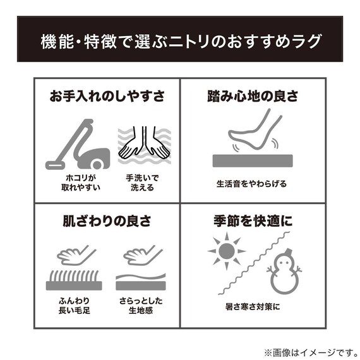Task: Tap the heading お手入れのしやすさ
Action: tap(107, 97)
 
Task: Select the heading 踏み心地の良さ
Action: tap(253, 97)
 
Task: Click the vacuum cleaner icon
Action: tap(77, 144)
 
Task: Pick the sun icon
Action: tap(225, 251)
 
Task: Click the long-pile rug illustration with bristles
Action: tap(74, 280)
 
